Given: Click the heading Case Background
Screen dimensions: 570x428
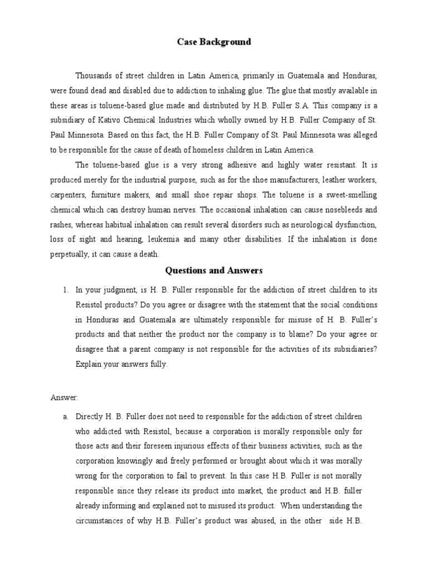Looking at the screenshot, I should click(214, 42).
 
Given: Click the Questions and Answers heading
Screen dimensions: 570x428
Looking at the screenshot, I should click(214, 271).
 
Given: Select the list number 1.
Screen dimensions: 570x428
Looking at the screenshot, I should click(65, 289).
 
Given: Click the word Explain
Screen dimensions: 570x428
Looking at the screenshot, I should click(89, 365).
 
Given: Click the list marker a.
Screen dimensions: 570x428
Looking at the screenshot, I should click(65, 416).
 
